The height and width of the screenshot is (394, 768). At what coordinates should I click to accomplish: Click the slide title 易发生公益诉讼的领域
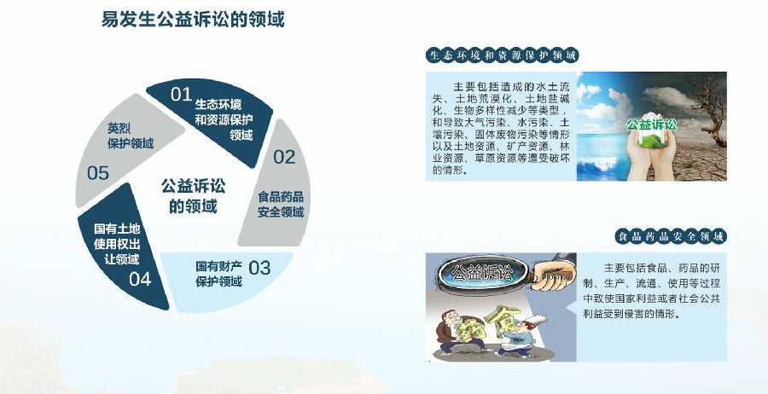pyautogui.click(x=193, y=19)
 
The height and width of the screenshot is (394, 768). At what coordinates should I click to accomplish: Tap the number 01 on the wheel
pyautogui.click(x=181, y=94)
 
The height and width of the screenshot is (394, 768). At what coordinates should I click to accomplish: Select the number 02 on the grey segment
pyautogui.click(x=284, y=157)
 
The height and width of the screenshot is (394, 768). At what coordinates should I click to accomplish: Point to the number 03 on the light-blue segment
pyautogui.click(x=259, y=268)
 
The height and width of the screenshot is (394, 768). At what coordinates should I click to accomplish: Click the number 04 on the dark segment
pyautogui.click(x=140, y=279)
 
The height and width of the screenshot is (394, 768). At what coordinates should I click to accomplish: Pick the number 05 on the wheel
pyautogui.click(x=98, y=173)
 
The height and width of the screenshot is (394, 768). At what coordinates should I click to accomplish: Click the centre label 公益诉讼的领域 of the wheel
pyautogui.click(x=194, y=196)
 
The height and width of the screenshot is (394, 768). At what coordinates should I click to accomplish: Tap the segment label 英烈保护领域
pyautogui.click(x=131, y=136)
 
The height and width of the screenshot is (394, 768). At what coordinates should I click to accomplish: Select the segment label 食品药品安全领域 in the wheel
pyautogui.click(x=281, y=205)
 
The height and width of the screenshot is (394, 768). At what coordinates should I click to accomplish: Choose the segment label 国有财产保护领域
pyautogui.click(x=219, y=274)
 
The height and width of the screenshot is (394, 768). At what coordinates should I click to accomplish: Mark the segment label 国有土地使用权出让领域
pyautogui.click(x=117, y=244)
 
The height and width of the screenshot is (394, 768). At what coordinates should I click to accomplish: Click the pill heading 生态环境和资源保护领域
pyautogui.click(x=502, y=55)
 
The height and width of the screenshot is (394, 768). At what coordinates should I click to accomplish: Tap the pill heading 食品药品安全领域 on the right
pyautogui.click(x=671, y=237)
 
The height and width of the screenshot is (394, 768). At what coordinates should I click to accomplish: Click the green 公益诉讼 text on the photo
pyautogui.click(x=651, y=125)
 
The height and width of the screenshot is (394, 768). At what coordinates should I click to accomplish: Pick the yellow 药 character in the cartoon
pyautogui.click(x=469, y=329)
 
